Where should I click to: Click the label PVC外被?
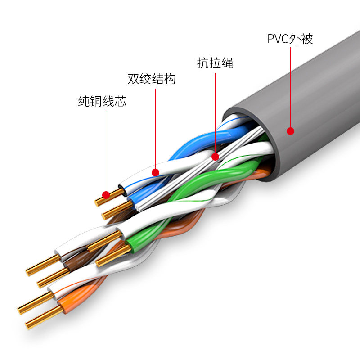[x=290, y=39]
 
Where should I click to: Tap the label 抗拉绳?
[x=215, y=63]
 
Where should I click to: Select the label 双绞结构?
[x=152, y=80]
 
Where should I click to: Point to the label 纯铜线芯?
[x=102, y=101]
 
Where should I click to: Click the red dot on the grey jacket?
[x=291, y=131]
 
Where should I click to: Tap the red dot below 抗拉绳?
[x=215, y=157]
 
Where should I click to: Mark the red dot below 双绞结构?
[x=156, y=172]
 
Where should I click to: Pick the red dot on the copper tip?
[x=106, y=195]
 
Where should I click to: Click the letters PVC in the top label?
[x=278, y=39]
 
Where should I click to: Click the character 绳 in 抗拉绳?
[x=228, y=63]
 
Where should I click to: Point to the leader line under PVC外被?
[x=290, y=85]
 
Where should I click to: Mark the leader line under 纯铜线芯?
[x=106, y=148]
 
